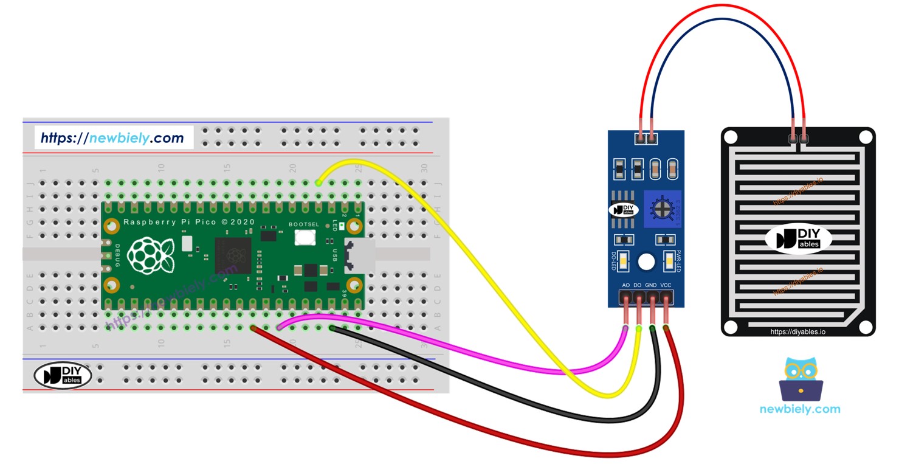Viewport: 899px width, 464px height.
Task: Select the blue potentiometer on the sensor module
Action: (661, 209)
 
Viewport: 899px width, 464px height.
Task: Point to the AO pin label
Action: (625, 285)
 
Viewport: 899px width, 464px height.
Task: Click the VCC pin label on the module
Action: (666, 285)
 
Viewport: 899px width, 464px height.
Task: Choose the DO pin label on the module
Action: (638, 285)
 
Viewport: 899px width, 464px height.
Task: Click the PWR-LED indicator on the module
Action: (669, 261)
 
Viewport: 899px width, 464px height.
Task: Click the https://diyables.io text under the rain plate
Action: (797, 332)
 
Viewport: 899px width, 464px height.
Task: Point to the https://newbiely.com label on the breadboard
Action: (112, 138)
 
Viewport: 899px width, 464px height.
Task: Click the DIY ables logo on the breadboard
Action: (63, 375)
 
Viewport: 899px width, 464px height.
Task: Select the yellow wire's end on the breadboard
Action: (319, 182)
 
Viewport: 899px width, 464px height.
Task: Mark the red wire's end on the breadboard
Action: (253, 328)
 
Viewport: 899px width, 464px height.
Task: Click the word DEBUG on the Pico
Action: (117, 255)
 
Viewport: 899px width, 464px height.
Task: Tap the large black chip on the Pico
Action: (233, 255)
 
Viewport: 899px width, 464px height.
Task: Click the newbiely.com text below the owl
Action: (800, 409)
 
